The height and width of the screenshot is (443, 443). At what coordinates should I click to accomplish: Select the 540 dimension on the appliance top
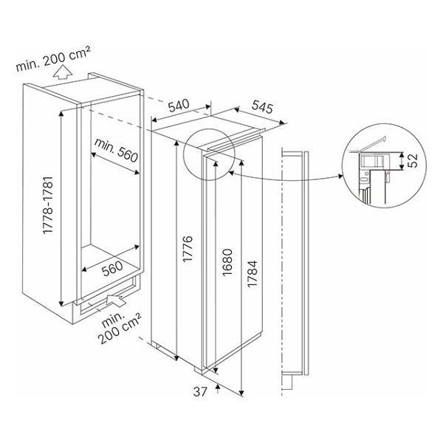coord(180,106)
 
